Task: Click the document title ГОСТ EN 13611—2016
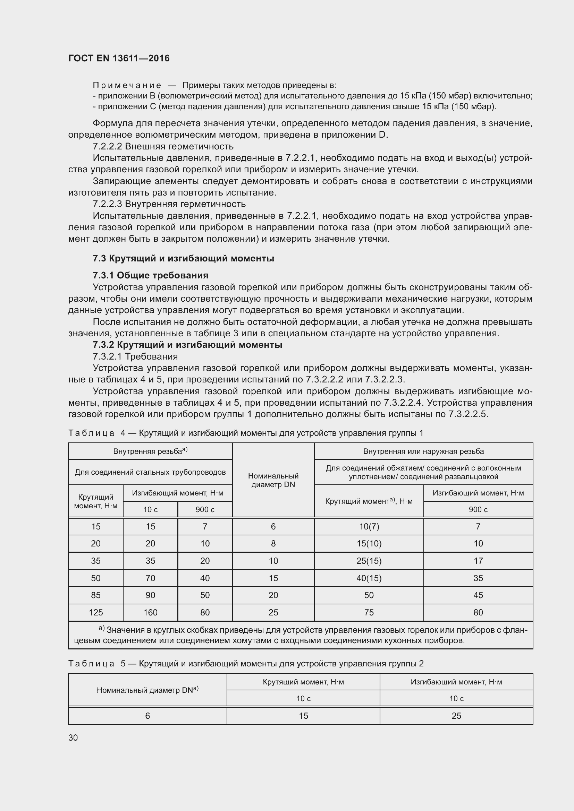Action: pyautogui.click(x=119, y=58)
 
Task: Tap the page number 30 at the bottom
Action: pyautogui.click(x=73, y=737)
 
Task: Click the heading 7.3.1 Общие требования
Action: pyautogui.click(x=150, y=275)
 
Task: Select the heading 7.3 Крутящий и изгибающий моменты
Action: pyautogui.click(x=184, y=259)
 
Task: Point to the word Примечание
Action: pyautogui.click(x=127, y=85)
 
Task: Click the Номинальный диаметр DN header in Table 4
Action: pyautogui.click(x=273, y=480)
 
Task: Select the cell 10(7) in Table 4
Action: pyautogui.click(x=369, y=527)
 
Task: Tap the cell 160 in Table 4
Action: pyautogui.click(x=150, y=612)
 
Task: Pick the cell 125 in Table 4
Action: pyautogui.click(x=96, y=612)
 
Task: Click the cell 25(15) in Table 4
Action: pyautogui.click(x=369, y=561)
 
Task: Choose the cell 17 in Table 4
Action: pyautogui.click(x=478, y=561)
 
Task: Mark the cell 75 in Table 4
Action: pyautogui.click(x=369, y=612)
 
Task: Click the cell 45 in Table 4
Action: pyautogui.click(x=478, y=595)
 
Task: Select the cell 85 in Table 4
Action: pyautogui.click(x=96, y=595)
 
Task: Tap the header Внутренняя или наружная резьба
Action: pyautogui.click(x=423, y=451)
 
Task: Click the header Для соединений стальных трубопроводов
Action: pyautogui.click(x=150, y=472)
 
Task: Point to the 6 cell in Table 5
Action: pyautogui.click(x=147, y=716)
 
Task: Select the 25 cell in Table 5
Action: pyautogui.click(x=456, y=716)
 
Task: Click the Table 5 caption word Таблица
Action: pyautogui.click(x=91, y=664)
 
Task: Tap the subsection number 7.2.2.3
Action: pyautogui.click(x=108, y=204)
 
